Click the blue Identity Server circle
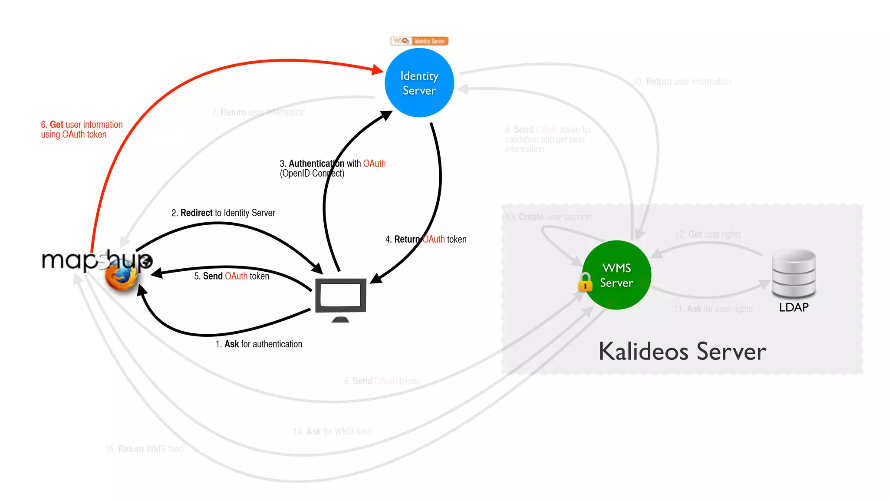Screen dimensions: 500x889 click(419, 83)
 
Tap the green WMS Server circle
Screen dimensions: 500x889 click(617, 275)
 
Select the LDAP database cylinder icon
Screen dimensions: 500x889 click(794, 273)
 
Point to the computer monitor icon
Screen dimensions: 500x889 click(341, 297)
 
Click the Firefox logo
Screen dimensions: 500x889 click(121, 276)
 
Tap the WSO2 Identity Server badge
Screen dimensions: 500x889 click(419, 41)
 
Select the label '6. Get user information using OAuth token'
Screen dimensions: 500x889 click(82, 129)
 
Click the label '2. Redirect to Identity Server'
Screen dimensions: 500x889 click(223, 213)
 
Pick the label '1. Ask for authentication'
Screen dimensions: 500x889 click(259, 344)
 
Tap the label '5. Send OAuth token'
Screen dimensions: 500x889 click(232, 276)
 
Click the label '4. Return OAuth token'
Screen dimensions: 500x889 click(426, 239)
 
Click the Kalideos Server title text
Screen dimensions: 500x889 click(682, 352)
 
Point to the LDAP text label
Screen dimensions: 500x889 click(794, 307)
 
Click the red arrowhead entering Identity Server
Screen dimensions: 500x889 click(378, 69)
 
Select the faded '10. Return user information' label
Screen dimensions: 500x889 click(682, 82)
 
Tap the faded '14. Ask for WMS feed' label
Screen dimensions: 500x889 click(333, 431)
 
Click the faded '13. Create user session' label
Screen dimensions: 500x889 click(548, 217)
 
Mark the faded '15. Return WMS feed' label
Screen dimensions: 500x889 click(144, 449)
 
